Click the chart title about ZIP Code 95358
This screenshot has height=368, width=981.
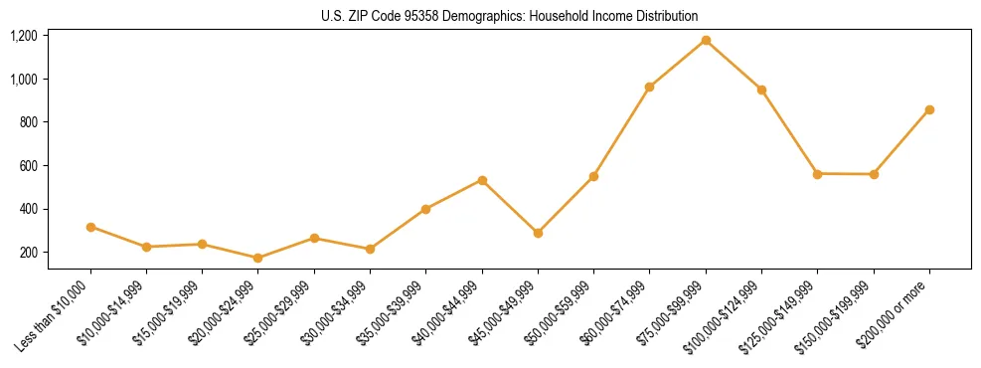[509, 16]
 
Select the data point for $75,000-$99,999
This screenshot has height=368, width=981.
[706, 40]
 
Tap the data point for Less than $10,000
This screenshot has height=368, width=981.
[90, 227]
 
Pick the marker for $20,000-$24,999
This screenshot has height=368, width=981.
[258, 258]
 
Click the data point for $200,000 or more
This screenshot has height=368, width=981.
[929, 109]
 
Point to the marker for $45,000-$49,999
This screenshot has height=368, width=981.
[538, 233]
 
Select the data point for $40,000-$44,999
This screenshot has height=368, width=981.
[482, 180]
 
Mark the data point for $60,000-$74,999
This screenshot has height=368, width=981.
[649, 87]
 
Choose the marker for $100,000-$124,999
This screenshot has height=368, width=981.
[761, 90]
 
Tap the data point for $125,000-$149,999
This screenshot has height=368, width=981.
[817, 173]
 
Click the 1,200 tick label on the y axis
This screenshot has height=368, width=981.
[23, 36]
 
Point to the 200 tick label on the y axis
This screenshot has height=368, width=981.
[27, 253]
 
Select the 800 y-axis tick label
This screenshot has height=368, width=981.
[27, 122]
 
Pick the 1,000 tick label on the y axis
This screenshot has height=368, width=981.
[23, 79]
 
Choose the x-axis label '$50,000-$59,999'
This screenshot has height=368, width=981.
[561, 314]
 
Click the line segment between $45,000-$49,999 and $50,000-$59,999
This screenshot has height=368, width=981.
[566, 205]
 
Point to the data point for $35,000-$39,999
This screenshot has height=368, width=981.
[425, 209]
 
